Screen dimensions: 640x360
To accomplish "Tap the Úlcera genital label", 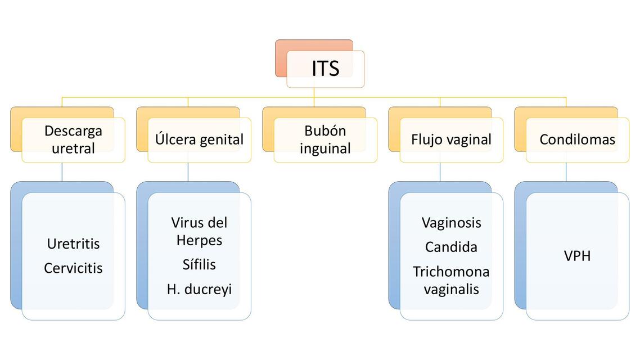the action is (199, 139).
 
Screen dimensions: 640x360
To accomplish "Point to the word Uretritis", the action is (74, 244).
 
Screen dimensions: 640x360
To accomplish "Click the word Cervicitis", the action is (74, 268).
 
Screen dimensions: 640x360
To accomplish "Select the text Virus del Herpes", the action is (199, 231).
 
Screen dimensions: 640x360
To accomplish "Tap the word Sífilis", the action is (199, 264).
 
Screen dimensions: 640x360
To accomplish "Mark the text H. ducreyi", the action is (199, 289).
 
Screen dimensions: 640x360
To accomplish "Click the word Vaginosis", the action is (452, 223).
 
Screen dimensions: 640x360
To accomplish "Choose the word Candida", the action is (452, 247).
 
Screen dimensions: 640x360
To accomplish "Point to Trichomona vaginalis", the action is (452, 281).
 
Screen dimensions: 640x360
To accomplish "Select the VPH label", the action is (578, 256).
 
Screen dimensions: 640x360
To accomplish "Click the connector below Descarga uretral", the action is (62, 172).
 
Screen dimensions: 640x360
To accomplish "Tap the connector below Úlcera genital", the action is (188, 172).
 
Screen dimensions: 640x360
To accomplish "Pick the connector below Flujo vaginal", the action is (440, 172).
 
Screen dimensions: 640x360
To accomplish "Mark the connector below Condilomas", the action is (566, 172).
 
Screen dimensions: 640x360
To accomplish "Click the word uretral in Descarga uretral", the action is (74, 148).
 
